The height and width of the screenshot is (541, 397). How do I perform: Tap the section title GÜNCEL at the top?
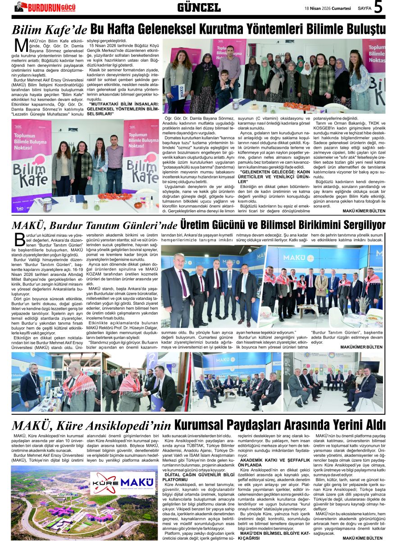[199, 7]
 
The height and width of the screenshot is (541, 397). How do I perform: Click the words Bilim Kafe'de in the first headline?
[49, 31]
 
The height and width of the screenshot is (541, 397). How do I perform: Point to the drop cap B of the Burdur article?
[19, 239]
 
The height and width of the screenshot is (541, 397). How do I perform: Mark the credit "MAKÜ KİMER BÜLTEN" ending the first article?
[364, 211]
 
